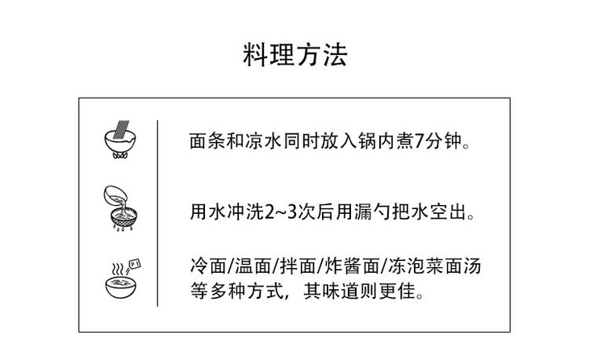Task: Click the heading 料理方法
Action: click(x=294, y=56)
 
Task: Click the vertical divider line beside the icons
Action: click(x=157, y=213)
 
